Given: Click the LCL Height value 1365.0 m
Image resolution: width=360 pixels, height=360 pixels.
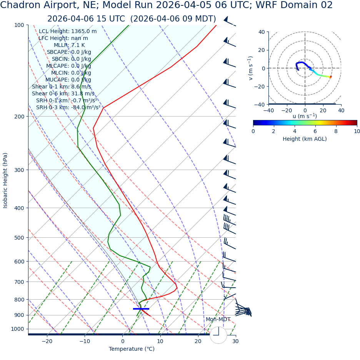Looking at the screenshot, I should pos(84,32).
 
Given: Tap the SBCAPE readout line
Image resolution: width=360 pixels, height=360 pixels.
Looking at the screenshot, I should pos(69,52).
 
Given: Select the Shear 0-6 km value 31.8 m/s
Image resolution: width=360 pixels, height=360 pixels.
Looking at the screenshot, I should pos(83,94).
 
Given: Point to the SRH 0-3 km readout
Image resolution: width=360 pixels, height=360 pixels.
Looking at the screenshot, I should pos(68,108).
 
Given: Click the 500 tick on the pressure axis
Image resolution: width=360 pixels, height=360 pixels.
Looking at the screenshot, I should pos(20,238).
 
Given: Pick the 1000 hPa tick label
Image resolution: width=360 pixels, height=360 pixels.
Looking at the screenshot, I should pos(18,329).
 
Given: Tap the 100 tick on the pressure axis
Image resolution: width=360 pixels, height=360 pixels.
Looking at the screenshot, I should pos(20,25).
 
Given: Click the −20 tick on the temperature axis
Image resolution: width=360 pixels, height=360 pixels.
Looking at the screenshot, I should pos(47,341).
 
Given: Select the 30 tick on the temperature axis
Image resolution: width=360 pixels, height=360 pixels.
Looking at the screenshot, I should pos(235,341).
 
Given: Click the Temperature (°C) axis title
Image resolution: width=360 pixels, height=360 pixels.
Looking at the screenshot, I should pos(132,349).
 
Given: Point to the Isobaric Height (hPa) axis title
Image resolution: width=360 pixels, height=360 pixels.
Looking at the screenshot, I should pos(5,180).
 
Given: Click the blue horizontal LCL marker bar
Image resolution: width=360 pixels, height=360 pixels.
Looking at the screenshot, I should pos(141,309).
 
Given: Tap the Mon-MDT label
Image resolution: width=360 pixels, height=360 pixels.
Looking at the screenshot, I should pos(218,320).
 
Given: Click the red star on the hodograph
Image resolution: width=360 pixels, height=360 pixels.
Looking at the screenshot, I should pos(330,77).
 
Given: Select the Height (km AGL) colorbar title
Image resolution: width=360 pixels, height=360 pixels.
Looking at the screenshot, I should pos(305,139).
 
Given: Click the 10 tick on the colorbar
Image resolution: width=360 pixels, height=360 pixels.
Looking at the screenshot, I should pos(357,131).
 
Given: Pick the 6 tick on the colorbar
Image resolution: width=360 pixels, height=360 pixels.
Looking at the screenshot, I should pos(315,131).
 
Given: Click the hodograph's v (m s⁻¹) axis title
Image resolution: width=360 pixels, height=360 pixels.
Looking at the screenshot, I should pos(251,68).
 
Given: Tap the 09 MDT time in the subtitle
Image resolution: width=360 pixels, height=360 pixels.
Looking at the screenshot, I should pos(196,19).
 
